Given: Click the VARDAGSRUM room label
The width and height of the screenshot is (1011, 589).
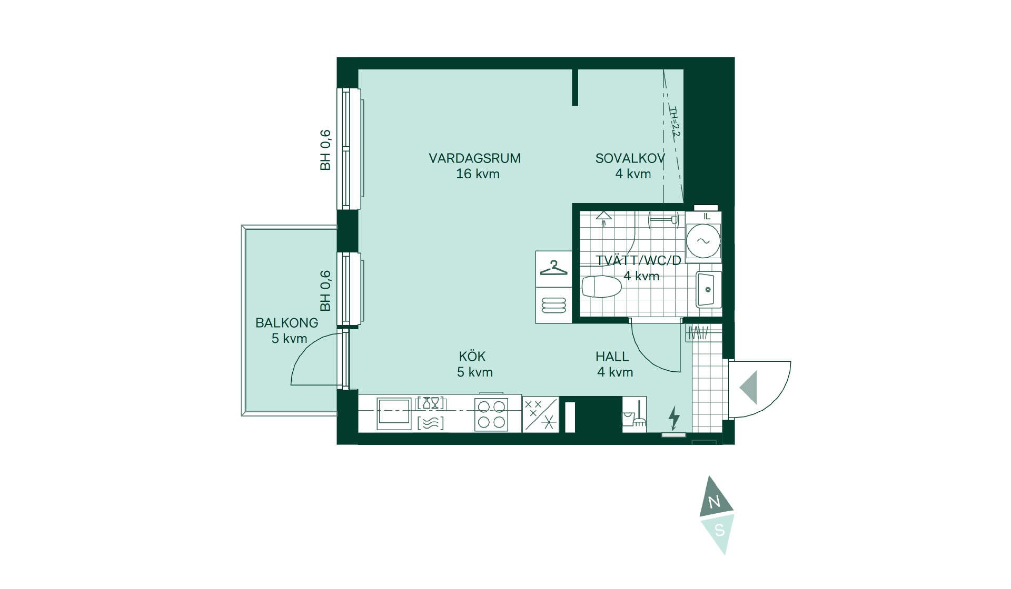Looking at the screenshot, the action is tap(474, 158).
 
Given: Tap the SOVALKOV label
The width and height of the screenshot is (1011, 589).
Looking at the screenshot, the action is tap(630, 158).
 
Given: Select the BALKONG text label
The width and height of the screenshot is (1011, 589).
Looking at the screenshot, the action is tap(287, 323).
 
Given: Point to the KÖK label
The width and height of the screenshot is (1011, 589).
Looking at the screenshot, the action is tap(472, 356).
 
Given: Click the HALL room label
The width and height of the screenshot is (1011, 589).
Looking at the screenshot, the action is tap(612, 357).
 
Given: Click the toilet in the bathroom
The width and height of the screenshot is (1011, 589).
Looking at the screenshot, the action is tap(601, 287).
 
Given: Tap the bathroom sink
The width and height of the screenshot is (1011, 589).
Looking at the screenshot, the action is tap(709, 289).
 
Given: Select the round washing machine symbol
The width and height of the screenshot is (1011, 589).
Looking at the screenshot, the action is tap(703, 241).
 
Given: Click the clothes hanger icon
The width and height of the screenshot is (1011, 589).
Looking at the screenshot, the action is tap(553, 268).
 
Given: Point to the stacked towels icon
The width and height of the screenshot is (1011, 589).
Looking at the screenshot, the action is tap(553, 305).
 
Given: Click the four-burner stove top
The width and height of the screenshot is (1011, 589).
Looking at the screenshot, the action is tap(491, 414).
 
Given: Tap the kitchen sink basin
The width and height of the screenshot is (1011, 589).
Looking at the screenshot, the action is tap(394, 414).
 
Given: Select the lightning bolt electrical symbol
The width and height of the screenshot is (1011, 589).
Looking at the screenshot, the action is tap(673, 418).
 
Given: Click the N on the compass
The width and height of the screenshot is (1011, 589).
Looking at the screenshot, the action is tap(714, 502).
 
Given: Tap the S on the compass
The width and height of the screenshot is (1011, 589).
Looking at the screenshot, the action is tap(719, 531).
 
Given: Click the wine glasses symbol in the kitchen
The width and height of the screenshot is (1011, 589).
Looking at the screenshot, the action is tap(431, 403).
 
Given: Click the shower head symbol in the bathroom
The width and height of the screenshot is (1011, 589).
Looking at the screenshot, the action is tap(603, 218).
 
